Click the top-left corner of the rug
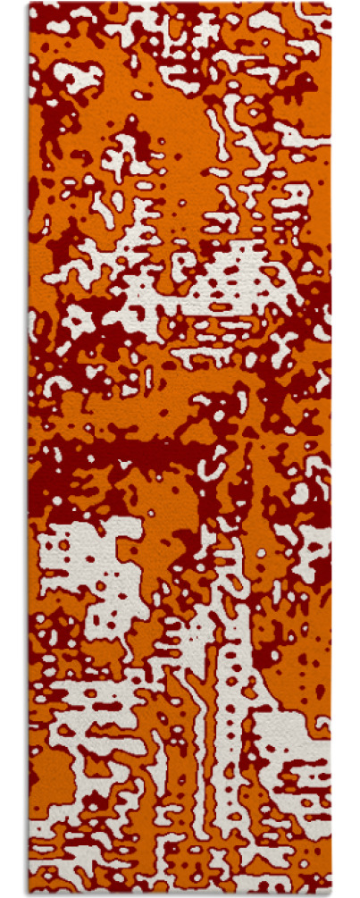(x=29, y=4)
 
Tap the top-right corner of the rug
(x=330, y=4)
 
